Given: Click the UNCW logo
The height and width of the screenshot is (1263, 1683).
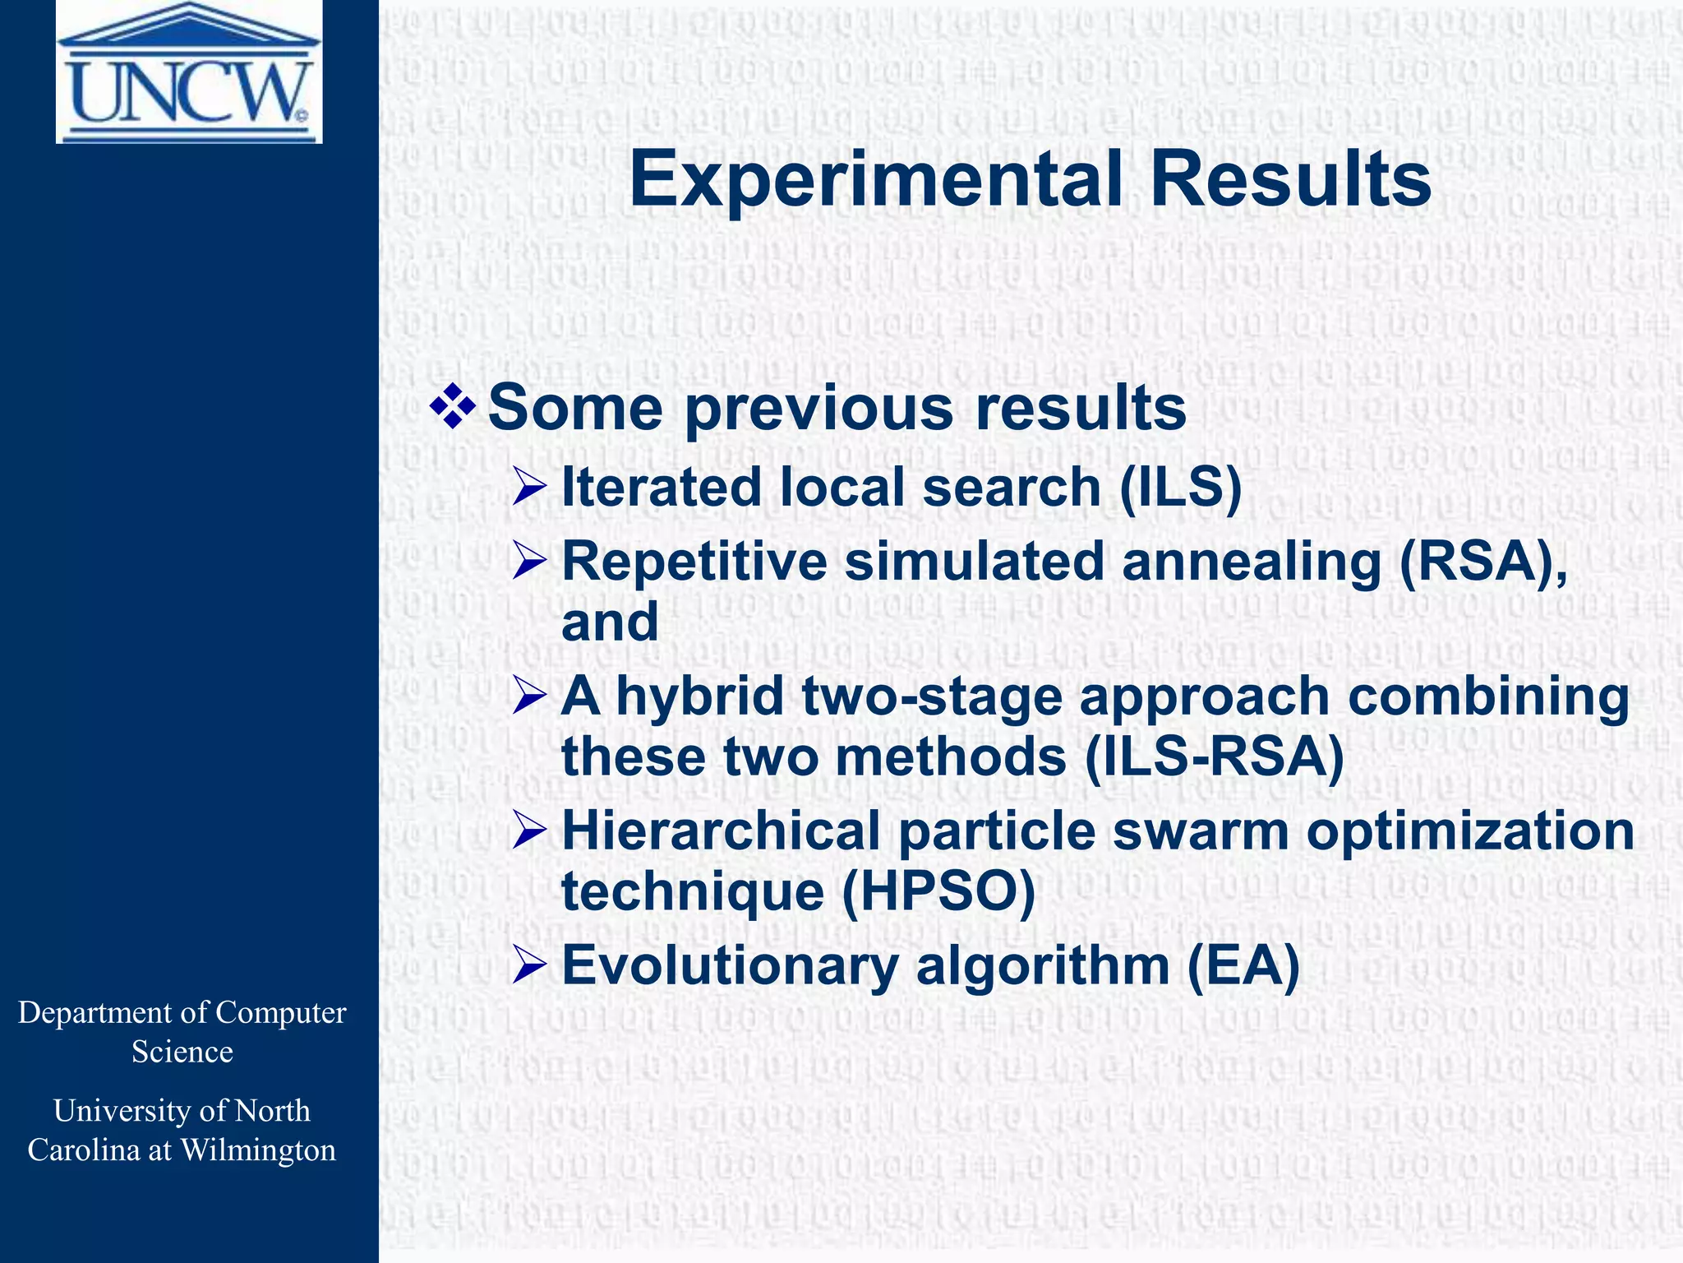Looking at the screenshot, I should click(x=189, y=72).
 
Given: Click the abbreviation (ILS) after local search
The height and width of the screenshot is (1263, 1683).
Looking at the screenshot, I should click(x=1180, y=487).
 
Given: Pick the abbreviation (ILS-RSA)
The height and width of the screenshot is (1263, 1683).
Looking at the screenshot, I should click(x=1214, y=756).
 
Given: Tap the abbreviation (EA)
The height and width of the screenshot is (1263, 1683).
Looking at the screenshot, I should click(x=1243, y=965).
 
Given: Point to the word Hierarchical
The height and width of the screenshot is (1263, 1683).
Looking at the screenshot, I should click(x=721, y=830).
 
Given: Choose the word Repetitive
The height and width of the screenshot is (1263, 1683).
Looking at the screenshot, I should click(x=694, y=562).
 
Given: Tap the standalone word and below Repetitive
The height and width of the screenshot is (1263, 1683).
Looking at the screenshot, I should click(x=610, y=622).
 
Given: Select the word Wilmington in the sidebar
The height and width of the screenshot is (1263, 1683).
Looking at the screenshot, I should click(x=257, y=1150).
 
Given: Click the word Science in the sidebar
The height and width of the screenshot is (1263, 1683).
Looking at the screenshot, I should click(x=182, y=1052).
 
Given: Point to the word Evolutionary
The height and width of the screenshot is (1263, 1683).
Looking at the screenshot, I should click(x=730, y=965).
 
